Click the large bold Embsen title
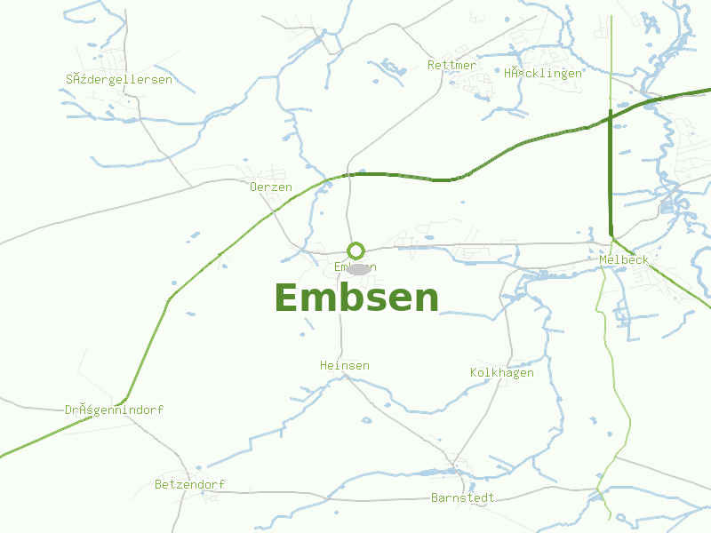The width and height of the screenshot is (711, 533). pos(356,298)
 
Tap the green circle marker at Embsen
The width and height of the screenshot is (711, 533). pos(355,251)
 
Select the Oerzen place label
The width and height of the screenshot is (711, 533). pos(271,187)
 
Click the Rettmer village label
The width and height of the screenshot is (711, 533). pos(451,66)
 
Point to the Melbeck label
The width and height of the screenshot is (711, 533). pos(624,260)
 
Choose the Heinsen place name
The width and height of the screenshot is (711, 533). pos(345,366)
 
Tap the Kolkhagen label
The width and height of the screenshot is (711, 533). pos(502,373)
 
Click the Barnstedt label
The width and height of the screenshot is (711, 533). pos(462,498)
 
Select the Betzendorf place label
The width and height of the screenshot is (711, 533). pos(189,485)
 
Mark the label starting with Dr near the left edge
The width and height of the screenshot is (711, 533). pos(114,410)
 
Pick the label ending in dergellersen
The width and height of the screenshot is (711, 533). pos(119,80)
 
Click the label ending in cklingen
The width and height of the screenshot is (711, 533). pos(543,73)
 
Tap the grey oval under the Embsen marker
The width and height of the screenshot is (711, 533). pos(358,268)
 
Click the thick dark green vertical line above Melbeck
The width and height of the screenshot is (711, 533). pos(611,178)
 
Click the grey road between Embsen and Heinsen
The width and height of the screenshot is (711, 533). pos(340,320)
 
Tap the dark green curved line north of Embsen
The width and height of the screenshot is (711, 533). pos(400,176)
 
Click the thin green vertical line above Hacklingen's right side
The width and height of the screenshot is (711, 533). pos(611,53)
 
